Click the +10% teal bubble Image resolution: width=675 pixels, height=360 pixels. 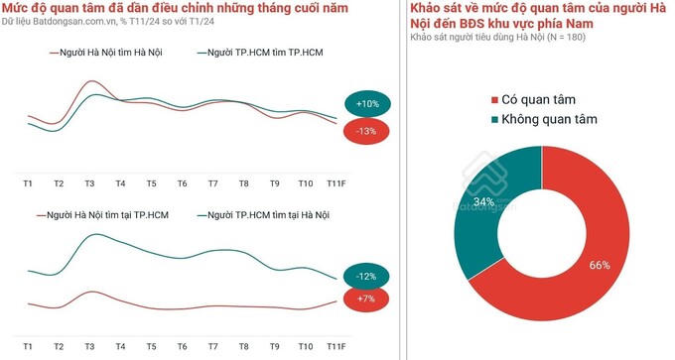pyautogui.click(x=368, y=103)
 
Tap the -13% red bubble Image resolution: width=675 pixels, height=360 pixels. pyautogui.click(x=366, y=131)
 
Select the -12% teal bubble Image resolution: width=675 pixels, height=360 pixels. pyautogui.click(x=366, y=276)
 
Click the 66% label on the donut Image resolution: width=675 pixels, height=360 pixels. pyautogui.click(x=598, y=265)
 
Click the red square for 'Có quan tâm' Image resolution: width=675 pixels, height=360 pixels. pyautogui.click(x=494, y=100)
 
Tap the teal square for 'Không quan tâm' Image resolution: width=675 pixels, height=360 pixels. pyautogui.click(x=494, y=120)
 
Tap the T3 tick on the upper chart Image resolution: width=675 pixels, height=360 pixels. pyautogui.click(x=89, y=183)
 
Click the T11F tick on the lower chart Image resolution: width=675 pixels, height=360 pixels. pyautogui.click(x=336, y=346)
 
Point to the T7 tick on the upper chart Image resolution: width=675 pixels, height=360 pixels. pyautogui.click(x=212, y=183)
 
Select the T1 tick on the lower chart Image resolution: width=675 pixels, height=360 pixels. pyautogui.click(x=28, y=346)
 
